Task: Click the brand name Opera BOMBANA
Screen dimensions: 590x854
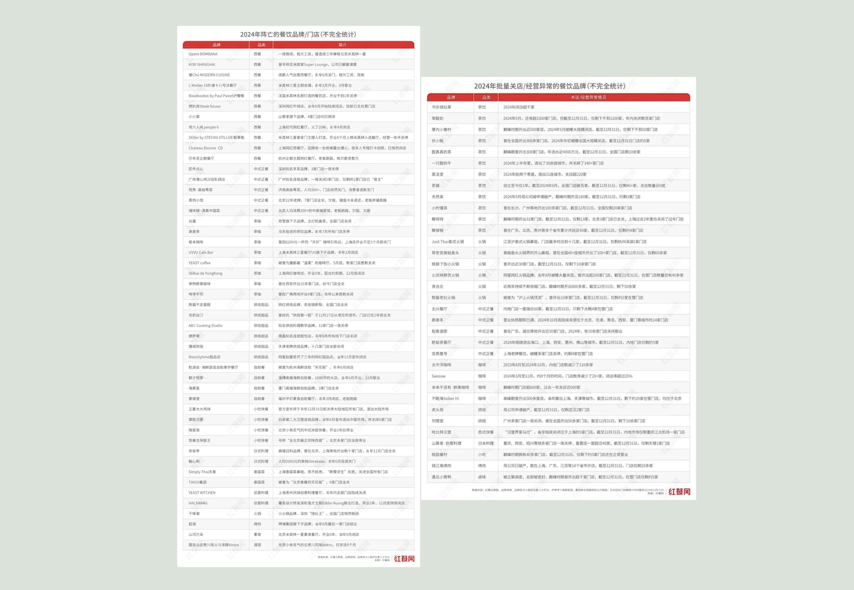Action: (203, 54)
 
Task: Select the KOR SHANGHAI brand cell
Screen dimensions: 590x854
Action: (202, 65)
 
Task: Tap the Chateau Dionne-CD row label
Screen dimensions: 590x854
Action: (206, 148)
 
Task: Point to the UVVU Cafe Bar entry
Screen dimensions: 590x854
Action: (201, 253)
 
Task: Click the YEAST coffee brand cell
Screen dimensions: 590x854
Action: (199, 263)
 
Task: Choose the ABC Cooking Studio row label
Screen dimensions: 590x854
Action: (205, 326)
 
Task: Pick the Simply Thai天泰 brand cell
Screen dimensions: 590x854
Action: (202, 472)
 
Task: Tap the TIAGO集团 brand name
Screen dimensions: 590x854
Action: (197, 482)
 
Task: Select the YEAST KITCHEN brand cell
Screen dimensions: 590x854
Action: (202, 493)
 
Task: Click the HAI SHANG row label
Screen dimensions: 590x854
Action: (198, 503)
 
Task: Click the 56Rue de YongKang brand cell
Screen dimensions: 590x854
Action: (205, 273)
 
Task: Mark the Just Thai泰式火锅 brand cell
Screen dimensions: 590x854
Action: (448, 242)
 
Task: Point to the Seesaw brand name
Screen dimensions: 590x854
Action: (438, 376)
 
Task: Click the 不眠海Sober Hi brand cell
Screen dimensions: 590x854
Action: (445, 398)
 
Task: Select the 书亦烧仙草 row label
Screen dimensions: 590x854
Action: (441, 107)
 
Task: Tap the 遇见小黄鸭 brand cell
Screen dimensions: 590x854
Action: (441, 477)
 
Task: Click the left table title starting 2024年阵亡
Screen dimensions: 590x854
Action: (298, 34)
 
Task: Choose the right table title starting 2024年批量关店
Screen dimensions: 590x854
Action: (549, 86)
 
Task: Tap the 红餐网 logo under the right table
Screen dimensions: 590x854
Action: (679, 492)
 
